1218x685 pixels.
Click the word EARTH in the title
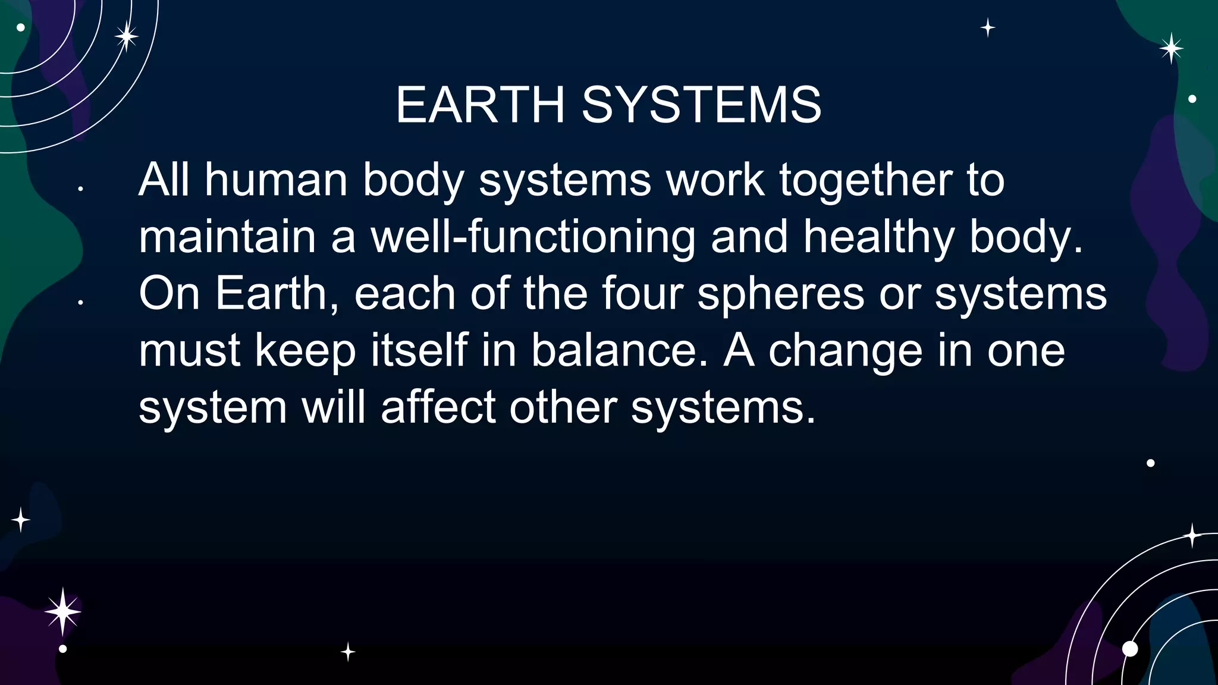(480, 105)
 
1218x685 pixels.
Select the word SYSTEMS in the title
(701, 105)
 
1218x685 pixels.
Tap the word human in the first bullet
(276, 180)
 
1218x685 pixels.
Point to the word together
(865, 180)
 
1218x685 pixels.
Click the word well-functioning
(533, 237)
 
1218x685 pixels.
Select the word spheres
(780, 293)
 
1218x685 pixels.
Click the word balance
(619, 350)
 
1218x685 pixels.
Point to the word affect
(438, 407)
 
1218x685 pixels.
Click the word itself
(419, 350)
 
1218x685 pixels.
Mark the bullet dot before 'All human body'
(80, 189)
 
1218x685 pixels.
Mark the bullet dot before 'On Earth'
(80, 303)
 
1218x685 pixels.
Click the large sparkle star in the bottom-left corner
(62, 611)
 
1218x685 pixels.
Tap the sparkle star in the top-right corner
(1171, 48)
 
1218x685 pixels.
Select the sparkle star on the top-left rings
(126, 37)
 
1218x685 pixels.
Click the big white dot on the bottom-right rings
(1129, 649)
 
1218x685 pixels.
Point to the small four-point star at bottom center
(348, 652)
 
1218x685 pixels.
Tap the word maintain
(227, 237)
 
